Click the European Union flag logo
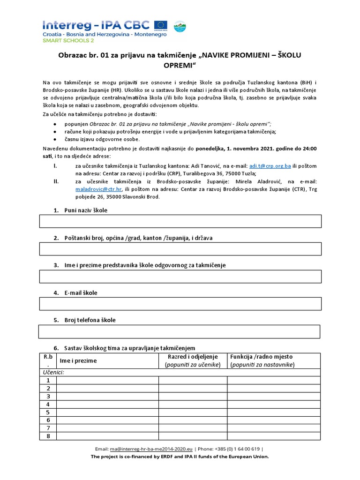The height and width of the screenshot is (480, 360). pos(161,25)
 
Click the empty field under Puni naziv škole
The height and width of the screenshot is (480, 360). pos(180,221)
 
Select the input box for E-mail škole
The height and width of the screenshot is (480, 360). pos(180,304)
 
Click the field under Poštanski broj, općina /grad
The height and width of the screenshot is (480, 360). pos(180,249)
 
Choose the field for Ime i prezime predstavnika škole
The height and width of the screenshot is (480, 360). pos(180,277)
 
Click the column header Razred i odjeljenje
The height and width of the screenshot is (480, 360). pos(193,357)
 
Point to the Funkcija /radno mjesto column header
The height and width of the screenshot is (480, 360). pos(262,357)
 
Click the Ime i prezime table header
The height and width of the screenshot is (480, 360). pos(78,361)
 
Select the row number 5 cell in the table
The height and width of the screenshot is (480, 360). pos(47,412)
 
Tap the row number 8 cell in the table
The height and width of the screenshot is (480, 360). pos(47,436)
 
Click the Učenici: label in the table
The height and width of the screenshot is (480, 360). pos(54,372)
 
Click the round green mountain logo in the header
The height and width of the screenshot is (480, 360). pos(180,27)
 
